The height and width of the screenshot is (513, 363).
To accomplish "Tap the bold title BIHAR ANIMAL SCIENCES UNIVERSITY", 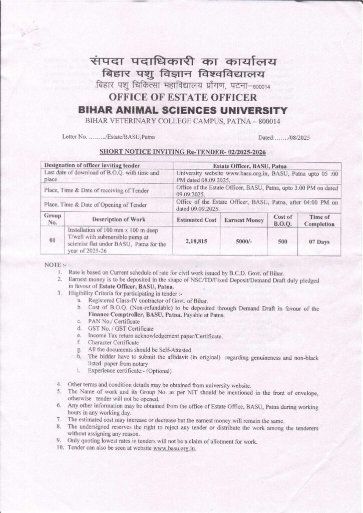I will click(x=181, y=110).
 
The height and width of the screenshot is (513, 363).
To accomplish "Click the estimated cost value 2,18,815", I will click(x=196, y=240).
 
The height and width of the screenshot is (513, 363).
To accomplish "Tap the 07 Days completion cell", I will click(x=318, y=240).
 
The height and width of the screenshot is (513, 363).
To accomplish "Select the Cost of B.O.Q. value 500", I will click(x=282, y=240).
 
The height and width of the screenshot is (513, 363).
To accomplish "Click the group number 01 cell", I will click(x=52, y=240).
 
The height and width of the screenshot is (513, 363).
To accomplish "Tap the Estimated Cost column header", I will click(x=196, y=220).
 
